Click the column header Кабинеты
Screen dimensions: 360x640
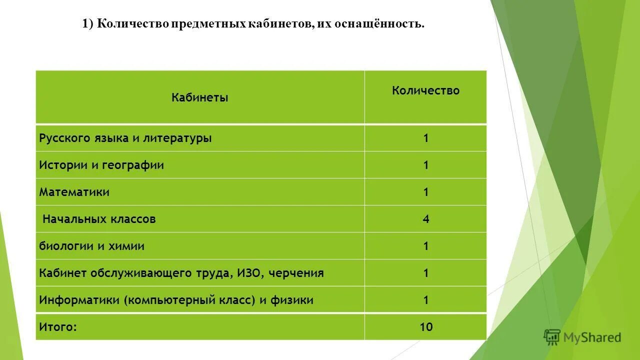point(199,98)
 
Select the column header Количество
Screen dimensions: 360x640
point(425,91)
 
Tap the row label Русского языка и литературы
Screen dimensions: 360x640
point(125,138)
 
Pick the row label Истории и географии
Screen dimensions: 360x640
point(101,165)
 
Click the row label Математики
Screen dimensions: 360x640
point(74,192)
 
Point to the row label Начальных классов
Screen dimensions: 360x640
point(99,219)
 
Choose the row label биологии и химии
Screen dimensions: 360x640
point(92,246)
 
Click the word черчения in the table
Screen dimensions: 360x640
point(299,273)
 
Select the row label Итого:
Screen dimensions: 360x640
point(58,327)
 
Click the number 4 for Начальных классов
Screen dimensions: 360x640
point(426,219)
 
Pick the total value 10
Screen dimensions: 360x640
point(426,327)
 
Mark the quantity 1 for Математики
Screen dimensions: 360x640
point(426,192)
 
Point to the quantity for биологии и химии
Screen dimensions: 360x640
point(426,246)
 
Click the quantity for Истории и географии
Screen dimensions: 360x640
point(426,165)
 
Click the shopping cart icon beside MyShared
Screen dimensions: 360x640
point(552,337)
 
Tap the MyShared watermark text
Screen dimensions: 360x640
point(592,338)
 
